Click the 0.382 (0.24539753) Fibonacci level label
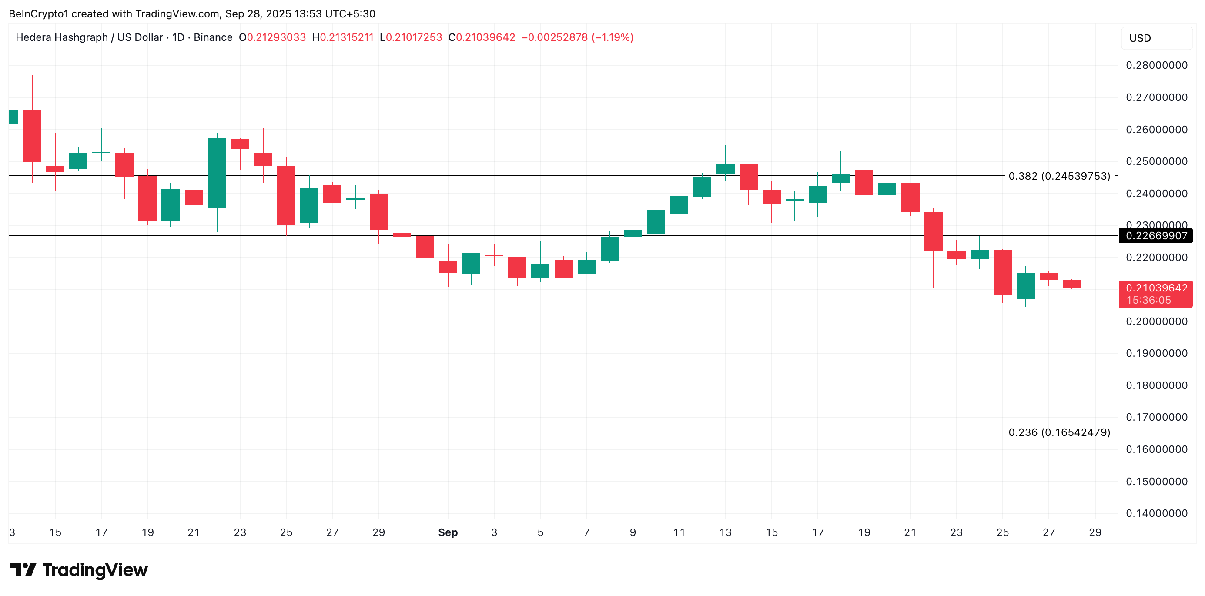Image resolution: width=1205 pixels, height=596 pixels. [1059, 176]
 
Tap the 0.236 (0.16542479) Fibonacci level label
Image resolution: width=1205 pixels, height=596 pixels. [1059, 432]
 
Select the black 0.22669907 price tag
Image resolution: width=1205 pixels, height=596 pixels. [1156, 236]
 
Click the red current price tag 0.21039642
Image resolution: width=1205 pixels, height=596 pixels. [1156, 288]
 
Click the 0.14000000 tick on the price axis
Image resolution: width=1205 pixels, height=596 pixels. [1156, 513]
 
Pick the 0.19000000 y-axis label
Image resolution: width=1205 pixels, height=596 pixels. [1156, 353]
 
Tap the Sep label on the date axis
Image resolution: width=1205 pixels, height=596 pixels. [448, 532]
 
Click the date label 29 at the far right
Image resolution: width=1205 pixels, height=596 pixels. [1095, 532]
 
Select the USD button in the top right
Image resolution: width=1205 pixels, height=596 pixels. [1140, 38]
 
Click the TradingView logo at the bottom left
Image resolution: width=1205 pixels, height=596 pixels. [79, 570]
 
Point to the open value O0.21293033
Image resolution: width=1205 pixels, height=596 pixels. [272, 37]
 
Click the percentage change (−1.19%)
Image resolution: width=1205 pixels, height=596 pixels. [613, 37]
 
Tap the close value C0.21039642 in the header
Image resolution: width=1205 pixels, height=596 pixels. [482, 37]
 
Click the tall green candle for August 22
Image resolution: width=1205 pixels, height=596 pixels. [217, 173]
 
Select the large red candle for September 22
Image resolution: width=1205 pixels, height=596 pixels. [933, 231]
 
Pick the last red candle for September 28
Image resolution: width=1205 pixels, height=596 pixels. [1072, 284]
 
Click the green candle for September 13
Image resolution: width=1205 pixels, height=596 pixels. [726, 168]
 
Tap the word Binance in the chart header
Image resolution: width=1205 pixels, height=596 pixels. [213, 37]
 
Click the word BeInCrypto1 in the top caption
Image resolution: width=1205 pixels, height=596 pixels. [38, 14]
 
